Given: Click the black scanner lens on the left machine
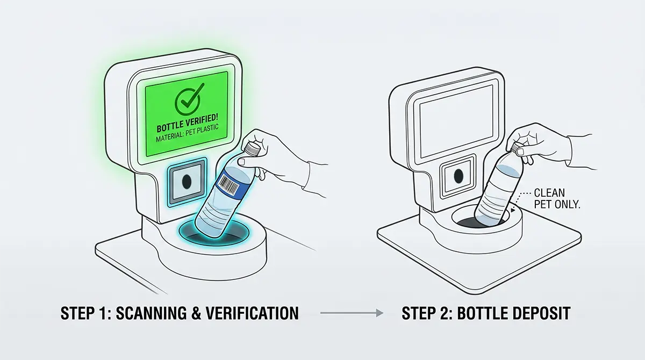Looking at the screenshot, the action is coord(187,181).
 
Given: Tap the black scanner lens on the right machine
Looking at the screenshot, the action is coord(458,175).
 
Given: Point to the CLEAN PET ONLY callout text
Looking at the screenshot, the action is coord(557,198).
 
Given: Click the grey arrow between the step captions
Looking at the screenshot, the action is coord(352,313).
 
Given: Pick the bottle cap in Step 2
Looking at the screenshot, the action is coord(518,148).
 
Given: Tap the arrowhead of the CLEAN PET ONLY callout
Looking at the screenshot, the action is coord(512,210).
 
